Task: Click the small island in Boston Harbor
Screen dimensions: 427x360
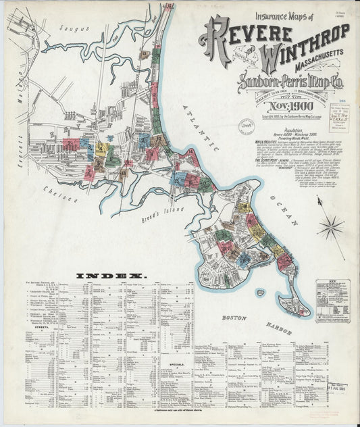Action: coord(260,293)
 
